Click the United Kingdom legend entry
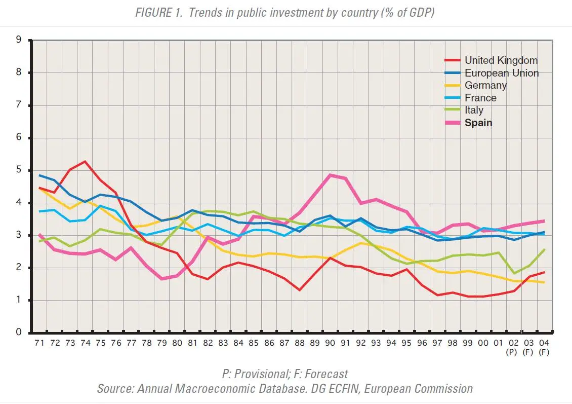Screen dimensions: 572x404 [x=491, y=60]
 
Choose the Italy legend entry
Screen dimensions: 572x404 [x=464, y=110]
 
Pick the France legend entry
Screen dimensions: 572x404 [x=471, y=98]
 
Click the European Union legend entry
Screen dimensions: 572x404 [x=492, y=73]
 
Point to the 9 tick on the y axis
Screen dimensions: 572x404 [x=19, y=40]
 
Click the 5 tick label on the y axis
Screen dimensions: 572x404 [x=19, y=170]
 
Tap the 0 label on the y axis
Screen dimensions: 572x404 [x=19, y=332]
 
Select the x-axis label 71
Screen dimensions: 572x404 [x=39, y=343]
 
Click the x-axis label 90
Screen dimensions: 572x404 [x=330, y=343]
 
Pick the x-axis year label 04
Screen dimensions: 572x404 [x=544, y=343]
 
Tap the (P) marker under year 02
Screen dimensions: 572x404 [x=512, y=352]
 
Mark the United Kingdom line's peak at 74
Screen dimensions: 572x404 [x=85, y=162]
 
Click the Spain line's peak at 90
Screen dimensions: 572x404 [x=330, y=175]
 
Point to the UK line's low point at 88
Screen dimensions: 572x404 [x=300, y=290]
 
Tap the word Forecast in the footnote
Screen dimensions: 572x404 [x=326, y=374]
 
